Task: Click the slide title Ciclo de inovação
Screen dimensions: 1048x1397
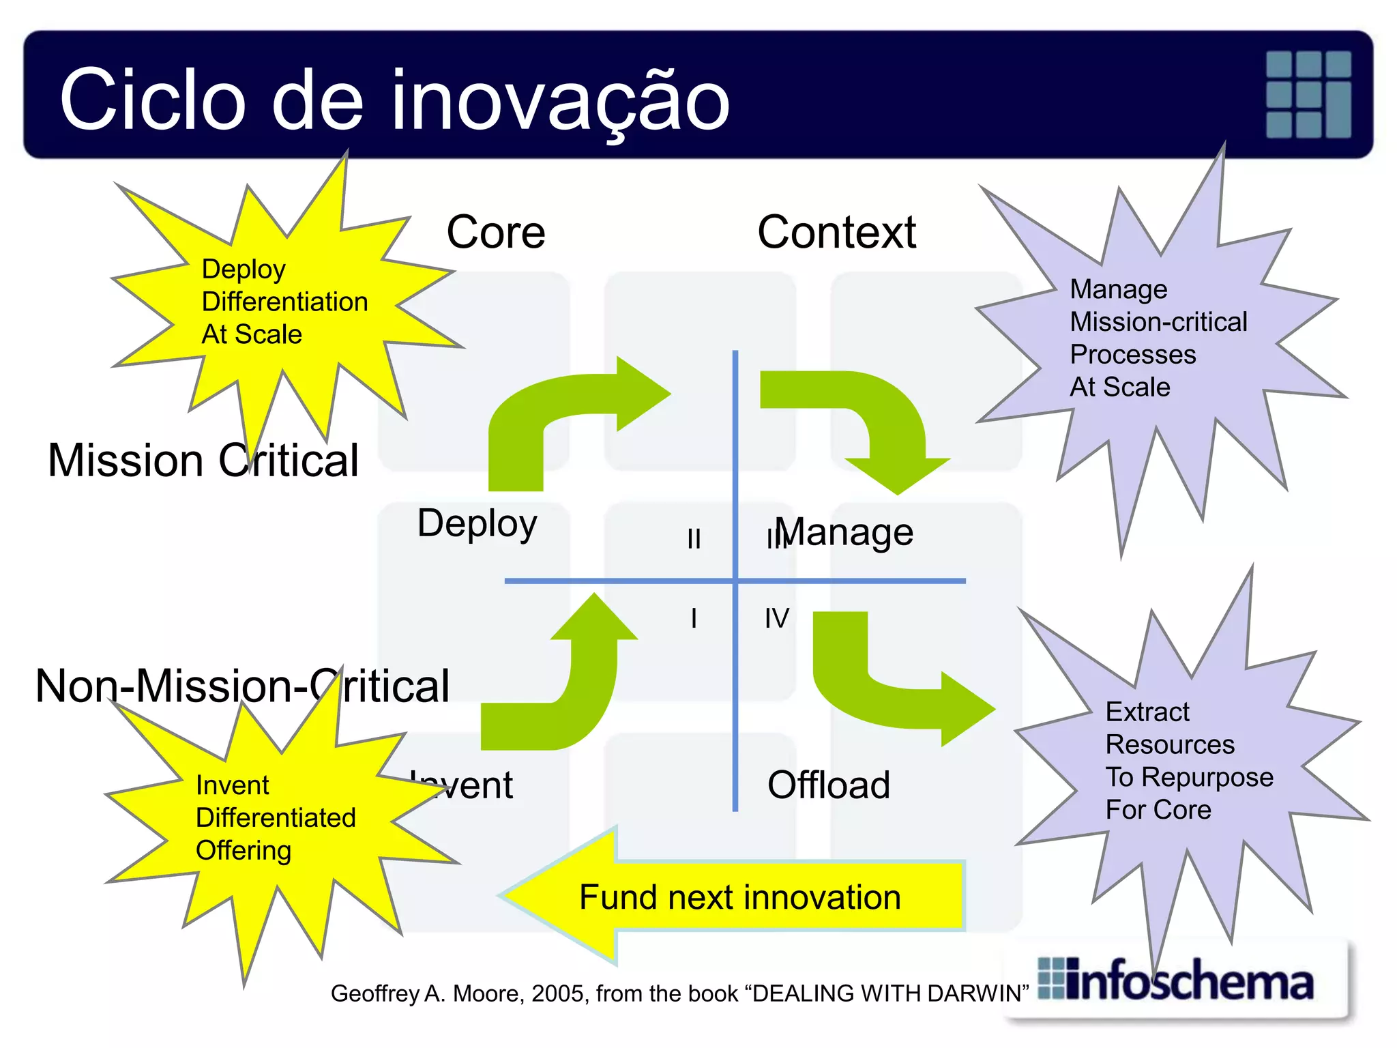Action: (394, 100)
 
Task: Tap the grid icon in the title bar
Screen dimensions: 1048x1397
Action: (1308, 94)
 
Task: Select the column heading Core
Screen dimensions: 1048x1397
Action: (496, 233)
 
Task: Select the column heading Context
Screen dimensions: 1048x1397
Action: (836, 233)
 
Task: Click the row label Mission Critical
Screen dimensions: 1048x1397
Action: (203, 461)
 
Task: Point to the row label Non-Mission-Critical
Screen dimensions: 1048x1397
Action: (242, 686)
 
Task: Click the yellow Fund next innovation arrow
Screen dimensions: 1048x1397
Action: (737, 896)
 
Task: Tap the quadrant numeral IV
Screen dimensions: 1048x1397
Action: (776, 618)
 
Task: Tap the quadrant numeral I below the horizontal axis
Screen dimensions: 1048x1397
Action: (694, 618)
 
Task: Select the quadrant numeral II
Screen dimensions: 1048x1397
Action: (694, 539)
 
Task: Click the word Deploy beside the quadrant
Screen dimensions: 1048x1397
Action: (477, 524)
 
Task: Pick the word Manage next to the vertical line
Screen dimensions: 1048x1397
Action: (846, 532)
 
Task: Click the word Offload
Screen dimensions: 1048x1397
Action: (828, 785)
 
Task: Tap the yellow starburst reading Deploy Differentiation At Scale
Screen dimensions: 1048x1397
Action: (285, 302)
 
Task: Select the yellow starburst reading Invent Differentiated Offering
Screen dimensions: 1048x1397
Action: (276, 818)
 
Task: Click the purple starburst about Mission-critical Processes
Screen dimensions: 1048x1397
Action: (1158, 338)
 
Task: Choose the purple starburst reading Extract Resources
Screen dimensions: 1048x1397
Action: (1188, 761)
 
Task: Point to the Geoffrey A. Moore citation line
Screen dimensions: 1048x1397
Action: (679, 993)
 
